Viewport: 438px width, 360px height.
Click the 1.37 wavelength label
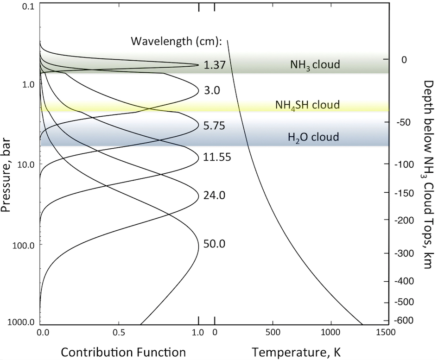(214, 65)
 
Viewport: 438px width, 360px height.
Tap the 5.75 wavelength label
(214, 126)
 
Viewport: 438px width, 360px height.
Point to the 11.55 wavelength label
(217, 158)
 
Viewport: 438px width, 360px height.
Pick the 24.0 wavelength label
(214, 196)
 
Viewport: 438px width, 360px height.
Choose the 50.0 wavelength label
(214, 244)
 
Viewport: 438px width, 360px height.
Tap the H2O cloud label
(313, 137)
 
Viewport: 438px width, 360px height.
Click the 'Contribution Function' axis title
(123, 352)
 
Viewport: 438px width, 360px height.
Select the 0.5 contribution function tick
(120, 332)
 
